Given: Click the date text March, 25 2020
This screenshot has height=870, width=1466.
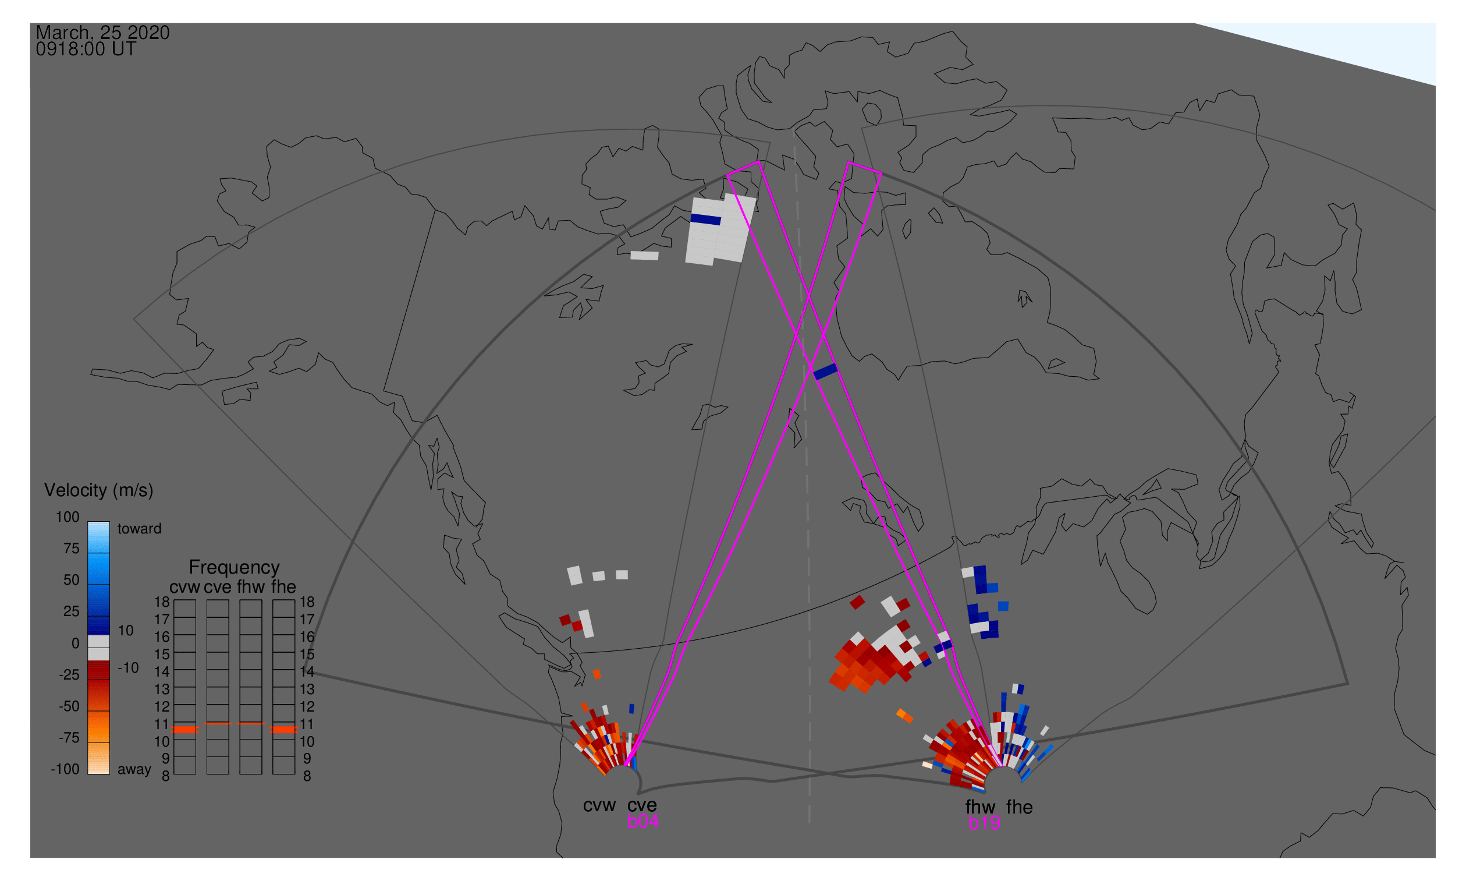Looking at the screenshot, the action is click(x=102, y=33).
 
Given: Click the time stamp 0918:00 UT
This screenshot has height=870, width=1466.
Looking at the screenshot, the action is click(x=86, y=49).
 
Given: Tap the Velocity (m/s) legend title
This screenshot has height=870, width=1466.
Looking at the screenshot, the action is click(x=98, y=491).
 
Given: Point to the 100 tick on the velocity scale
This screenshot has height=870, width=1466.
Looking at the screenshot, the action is click(x=68, y=517).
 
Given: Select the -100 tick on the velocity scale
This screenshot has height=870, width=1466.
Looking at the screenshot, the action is click(x=65, y=769).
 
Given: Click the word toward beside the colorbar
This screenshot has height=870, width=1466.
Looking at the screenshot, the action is click(x=140, y=529).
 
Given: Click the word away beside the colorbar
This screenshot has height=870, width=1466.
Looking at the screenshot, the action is click(x=134, y=770).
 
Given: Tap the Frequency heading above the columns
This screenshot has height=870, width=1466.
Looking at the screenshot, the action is click(x=235, y=568).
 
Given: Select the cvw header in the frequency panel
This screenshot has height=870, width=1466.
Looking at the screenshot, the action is click(x=184, y=587).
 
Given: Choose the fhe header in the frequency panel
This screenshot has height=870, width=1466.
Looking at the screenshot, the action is click(x=283, y=587).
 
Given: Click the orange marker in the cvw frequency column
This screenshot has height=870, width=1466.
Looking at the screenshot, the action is click(x=185, y=730).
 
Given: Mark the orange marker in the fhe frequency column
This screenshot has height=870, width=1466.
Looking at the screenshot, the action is click(x=284, y=730).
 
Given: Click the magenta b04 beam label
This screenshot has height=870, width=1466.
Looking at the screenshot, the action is click(x=643, y=822).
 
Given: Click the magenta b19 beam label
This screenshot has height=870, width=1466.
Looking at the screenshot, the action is click(x=984, y=823).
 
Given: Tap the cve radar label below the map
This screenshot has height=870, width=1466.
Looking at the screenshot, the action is click(x=642, y=805).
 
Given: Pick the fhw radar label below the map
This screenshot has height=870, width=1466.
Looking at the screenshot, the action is click(x=981, y=807).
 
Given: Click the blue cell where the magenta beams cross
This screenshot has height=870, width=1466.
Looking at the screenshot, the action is click(x=826, y=371).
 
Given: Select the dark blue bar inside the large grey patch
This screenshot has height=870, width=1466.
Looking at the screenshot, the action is click(x=705, y=220).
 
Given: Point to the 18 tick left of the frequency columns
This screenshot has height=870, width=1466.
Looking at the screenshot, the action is click(x=162, y=602).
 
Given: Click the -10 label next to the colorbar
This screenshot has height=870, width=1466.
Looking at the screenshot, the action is click(x=128, y=668).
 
